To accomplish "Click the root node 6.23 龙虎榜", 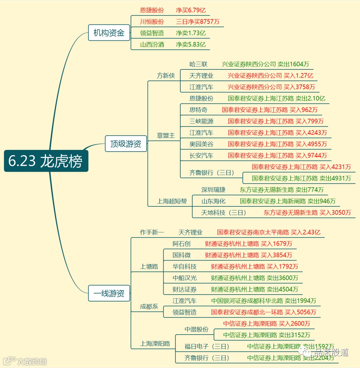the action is point(46,161).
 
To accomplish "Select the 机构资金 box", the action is point(109,33).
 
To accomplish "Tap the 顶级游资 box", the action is point(126,144).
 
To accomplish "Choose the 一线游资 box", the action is point(109,293).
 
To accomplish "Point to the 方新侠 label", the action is point(166,76).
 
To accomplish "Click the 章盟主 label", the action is point(166,136).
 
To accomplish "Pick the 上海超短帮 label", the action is point(172,201).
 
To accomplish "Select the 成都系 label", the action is point(149,307).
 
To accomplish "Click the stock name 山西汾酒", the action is point(152,44).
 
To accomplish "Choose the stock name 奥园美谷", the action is point(201,144).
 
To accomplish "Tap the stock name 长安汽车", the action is point(201,156).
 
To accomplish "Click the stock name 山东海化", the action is point(213,201).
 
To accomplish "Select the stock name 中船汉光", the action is point(185,278).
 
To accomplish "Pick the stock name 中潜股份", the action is point(197,329).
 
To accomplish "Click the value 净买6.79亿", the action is point(191,10).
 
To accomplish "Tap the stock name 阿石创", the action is point(181,244).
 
